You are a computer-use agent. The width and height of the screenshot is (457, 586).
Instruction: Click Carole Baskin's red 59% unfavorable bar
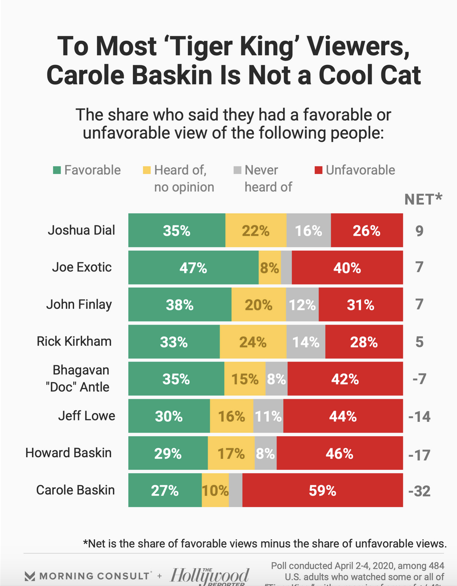(x=322, y=490)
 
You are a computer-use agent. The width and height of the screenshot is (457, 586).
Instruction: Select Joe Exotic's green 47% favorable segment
(x=193, y=268)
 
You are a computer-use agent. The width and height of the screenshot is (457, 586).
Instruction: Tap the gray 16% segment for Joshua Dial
(x=308, y=230)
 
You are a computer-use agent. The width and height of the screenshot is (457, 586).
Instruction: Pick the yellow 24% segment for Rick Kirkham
(x=253, y=342)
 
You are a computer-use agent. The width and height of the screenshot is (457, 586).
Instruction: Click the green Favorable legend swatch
(x=57, y=170)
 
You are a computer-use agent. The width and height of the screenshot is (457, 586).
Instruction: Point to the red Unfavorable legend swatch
(x=319, y=170)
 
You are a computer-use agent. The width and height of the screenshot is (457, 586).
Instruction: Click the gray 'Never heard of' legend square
(x=237, y=170)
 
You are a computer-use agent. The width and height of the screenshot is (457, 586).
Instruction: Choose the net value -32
(x=419, y=491)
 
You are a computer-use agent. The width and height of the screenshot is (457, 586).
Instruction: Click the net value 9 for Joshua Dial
(x=420, y=230)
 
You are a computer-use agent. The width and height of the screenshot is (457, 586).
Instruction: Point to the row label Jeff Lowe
(x=86, y=416)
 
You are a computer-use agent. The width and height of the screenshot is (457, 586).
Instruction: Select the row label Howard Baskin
(x=69, y=453)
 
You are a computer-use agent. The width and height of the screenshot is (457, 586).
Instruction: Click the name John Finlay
(x=79, y=305)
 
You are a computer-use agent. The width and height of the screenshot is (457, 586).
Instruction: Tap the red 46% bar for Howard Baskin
(x=339, y=453)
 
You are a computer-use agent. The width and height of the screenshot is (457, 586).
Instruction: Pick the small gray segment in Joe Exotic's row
(x=286, y=268)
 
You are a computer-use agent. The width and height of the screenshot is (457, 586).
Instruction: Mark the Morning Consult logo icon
(x=30, y=576)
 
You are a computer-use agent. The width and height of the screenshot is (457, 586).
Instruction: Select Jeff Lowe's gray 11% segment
(x=268, y=416)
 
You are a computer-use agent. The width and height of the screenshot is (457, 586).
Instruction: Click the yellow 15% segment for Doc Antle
(x=245, y=379)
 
